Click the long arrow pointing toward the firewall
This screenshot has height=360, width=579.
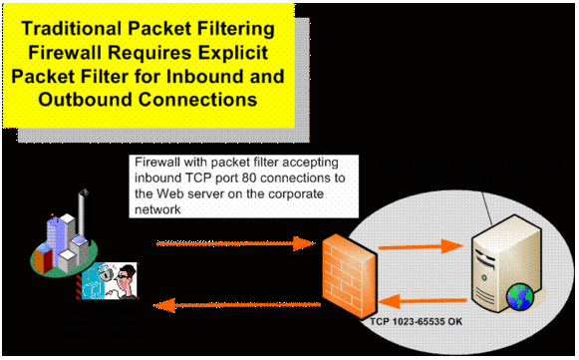[x=228, y=242]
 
